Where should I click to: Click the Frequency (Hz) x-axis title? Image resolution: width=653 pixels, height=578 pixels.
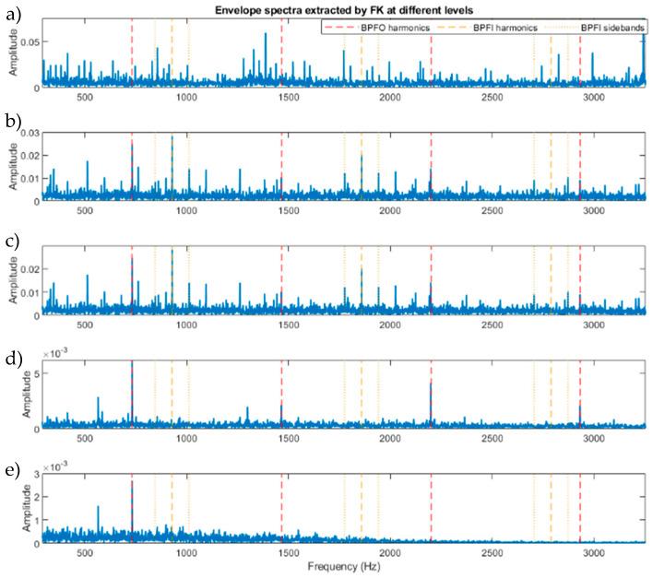pyautogui.click(x=343, y=564)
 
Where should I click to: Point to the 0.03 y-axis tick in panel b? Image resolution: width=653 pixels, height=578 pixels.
pyautogui.click(x=30, y=134)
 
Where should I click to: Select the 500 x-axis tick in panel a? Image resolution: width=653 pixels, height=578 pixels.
pyautogui.click(x=85, y=97)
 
